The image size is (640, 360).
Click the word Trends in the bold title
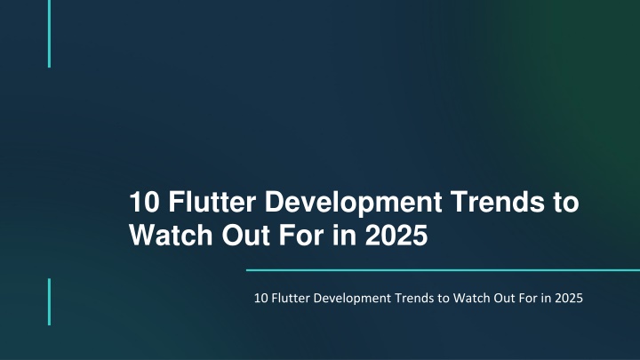[498, 202]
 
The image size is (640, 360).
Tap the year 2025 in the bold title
[396, 235]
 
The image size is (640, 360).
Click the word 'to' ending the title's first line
[566, 203]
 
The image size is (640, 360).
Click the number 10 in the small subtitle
[260, 298]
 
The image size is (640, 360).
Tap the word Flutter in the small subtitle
[291, 298]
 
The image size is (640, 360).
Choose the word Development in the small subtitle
[352, 299]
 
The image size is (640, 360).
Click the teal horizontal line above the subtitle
[443, 270]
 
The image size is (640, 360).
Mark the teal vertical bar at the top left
[50, 34]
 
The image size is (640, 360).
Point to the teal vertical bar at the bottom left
[50, 302]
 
